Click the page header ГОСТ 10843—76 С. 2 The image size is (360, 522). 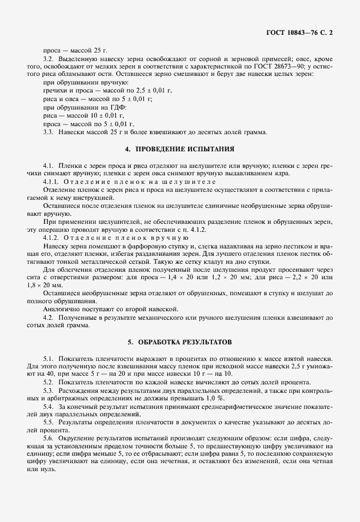299,33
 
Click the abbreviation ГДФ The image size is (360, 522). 118,107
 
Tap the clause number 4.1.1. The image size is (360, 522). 52,182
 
